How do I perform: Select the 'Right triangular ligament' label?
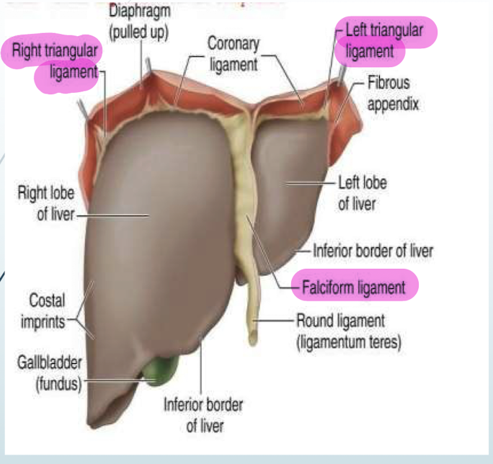pyautogui.click(x=55, y=61)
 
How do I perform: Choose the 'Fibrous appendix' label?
pyautogui.click(x=393, y=93)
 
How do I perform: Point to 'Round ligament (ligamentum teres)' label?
pyautogui.click(x=348, y=330)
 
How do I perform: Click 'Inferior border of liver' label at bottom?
pyautogui.click(x=204, y=414)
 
